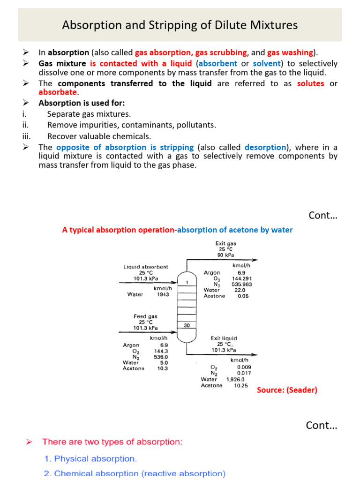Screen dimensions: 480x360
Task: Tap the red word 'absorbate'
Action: pos(57,92)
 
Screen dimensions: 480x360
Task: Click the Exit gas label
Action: pos(225,243)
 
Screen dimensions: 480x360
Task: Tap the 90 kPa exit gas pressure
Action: pos(225,255)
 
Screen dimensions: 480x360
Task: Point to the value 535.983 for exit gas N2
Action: pos(242,284)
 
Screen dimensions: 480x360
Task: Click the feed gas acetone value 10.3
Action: pos(162,368)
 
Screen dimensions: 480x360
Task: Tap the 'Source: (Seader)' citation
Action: pos(287,390)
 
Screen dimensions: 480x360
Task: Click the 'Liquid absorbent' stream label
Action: pos(146,267)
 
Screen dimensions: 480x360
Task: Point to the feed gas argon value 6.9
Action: pos(164,345)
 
